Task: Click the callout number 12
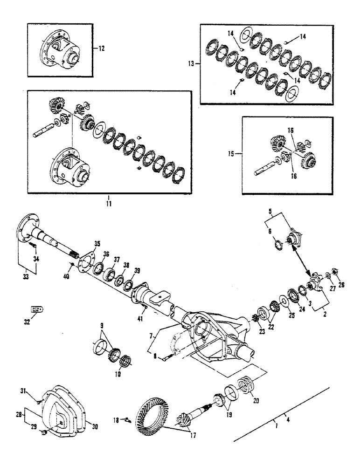click(x=102, y=48)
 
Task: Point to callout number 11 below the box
click(x=108, y=204)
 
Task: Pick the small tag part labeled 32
click(x=37, y=308)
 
